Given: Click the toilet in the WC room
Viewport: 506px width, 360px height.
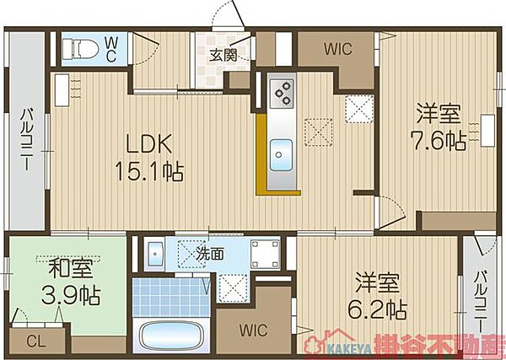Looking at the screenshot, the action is point(80,50).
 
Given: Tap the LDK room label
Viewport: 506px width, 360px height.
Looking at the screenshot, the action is point(148,144).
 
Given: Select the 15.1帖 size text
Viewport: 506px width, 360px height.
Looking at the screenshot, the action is point(149,172).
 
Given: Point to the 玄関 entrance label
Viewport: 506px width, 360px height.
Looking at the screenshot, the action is point(223,55).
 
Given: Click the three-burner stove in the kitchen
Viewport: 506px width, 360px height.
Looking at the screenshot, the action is point(282,93).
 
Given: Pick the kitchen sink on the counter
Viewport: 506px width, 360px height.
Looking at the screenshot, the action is point(281,155).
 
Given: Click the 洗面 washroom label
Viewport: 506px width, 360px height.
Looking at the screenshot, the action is point(210,255).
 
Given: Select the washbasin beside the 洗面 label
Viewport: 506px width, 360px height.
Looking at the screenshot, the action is point(155,254).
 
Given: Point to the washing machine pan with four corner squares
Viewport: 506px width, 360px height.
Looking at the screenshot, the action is point(266,254).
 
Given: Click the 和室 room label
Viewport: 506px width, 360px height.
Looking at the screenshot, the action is point(71,269).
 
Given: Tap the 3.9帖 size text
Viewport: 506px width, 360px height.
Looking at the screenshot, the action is point(71,295).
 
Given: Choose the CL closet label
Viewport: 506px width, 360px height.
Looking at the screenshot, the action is point(36,342).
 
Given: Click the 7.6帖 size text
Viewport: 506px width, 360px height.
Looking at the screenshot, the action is point(438,140).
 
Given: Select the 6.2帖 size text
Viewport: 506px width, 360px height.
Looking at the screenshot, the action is point(377,309).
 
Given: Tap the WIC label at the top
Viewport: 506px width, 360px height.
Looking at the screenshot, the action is point(338,49).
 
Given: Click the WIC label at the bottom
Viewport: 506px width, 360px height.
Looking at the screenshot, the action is point(253,330).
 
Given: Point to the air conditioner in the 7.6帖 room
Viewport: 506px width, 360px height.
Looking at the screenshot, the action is point(487,131).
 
